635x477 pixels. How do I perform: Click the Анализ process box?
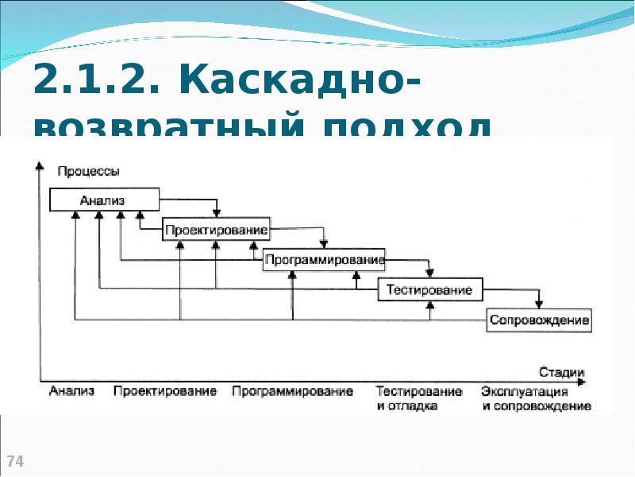click(104, 200)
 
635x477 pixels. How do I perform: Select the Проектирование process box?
click(216, 231)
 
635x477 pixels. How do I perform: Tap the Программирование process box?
click(324, 260)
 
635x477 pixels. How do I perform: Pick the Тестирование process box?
click(429, 290)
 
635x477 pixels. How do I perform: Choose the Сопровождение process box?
click(540, 320)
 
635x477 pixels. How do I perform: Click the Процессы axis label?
click(89, 171)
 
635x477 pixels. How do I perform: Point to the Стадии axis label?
click(561, 371)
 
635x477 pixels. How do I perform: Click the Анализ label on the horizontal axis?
click(71, 391)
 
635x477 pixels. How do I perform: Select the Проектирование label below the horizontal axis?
click(165, 391)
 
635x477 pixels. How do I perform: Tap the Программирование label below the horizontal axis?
click(292, 391)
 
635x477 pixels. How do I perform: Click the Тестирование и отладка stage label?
click(419, 398)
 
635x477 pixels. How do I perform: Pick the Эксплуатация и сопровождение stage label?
click(536, 398)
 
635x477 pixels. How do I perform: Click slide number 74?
click(15, 461)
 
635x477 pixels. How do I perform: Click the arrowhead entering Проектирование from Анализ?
click(217, 212)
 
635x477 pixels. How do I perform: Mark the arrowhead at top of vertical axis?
click(38, 165)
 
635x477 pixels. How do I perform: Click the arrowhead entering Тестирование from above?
click(429, 273)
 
